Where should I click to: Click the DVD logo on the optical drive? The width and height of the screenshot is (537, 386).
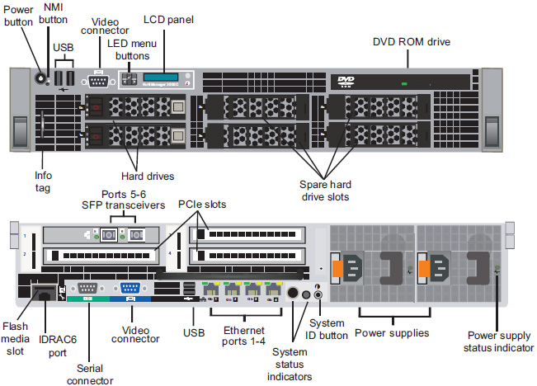pos(346,81)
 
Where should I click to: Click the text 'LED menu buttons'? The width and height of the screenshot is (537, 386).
pos(128,49)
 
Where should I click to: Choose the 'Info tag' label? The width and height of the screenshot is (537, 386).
pos(43,181)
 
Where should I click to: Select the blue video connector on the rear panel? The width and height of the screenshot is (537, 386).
pos(130,289)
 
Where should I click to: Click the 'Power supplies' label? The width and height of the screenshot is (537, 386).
pos(392,333)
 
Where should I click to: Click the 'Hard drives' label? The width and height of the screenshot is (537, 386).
pos(152,175)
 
